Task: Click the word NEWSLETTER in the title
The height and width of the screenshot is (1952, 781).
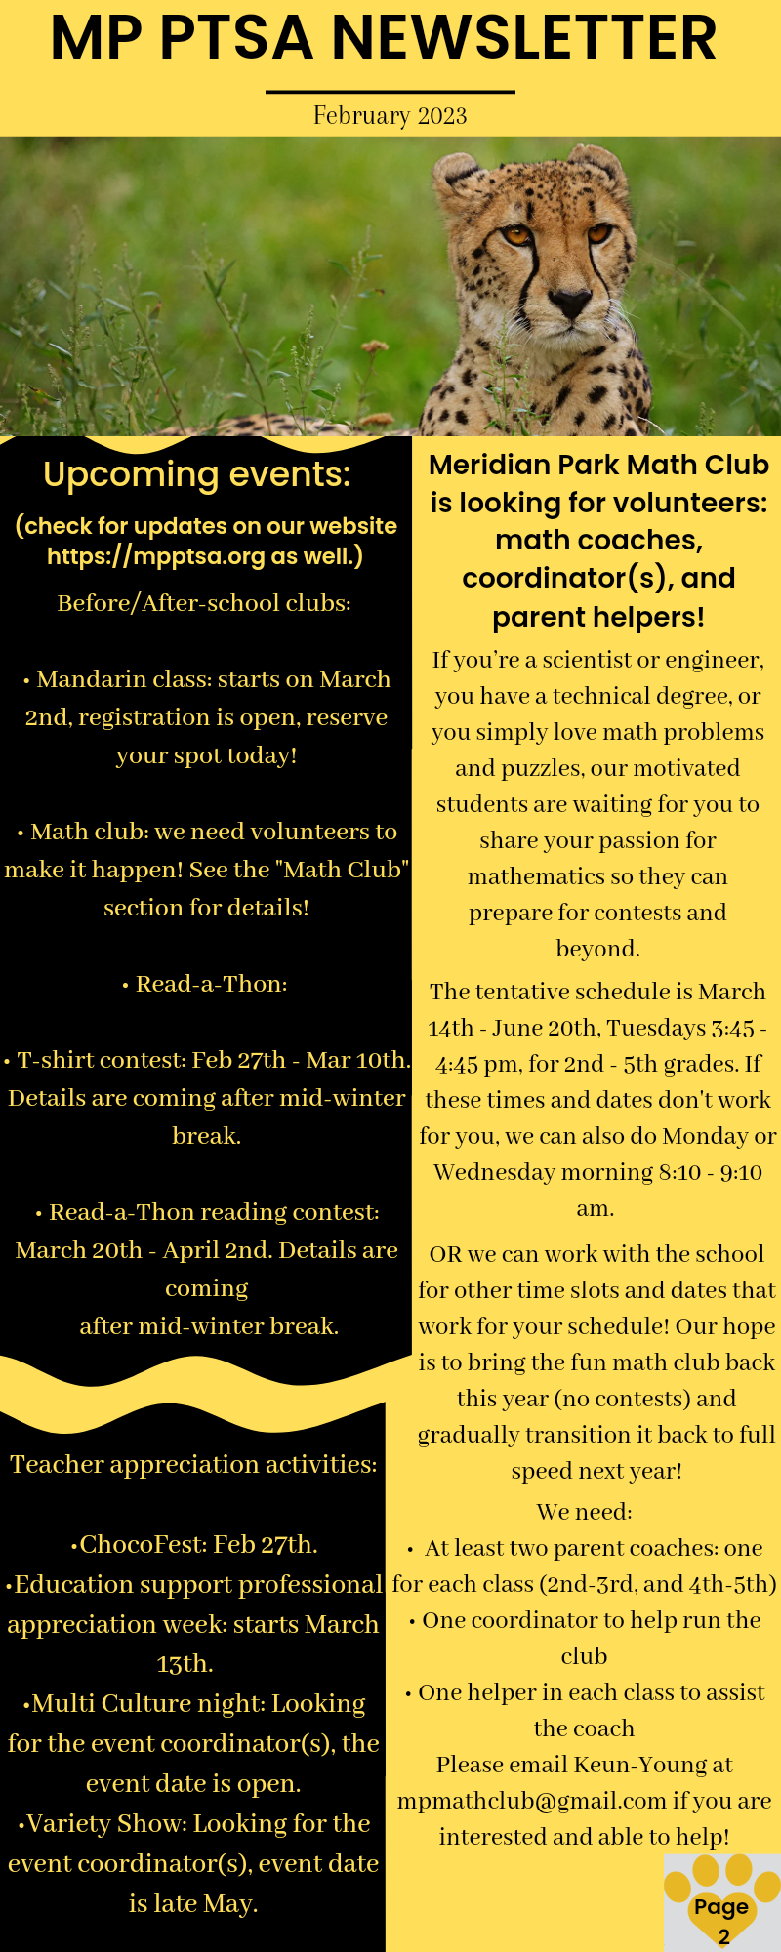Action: (524, 39)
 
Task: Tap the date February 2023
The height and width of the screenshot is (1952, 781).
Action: (390, 116)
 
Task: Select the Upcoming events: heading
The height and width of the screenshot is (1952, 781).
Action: (197, 474)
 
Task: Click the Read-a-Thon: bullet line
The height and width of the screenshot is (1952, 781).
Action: (205, 984)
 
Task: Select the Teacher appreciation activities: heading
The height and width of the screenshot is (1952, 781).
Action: (193, 1464)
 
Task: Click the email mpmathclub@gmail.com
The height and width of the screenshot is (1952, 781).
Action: (532, 1801)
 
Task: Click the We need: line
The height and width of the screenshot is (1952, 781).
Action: (584, 1512)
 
